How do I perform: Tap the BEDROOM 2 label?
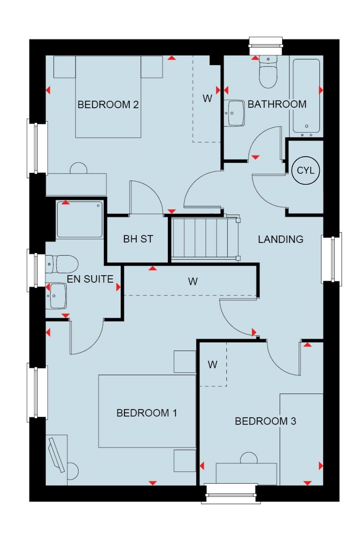point(108,105)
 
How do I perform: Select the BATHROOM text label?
point(277,104)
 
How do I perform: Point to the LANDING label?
point(280,239)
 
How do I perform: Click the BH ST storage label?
point(138,239)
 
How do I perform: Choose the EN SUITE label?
point(90,279)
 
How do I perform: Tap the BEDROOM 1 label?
point(147,413)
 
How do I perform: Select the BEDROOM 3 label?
point(265,421)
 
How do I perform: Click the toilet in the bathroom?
point(268,72)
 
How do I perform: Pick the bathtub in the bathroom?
point(306,96)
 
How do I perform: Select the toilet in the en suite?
point(62,264)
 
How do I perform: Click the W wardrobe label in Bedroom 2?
point(207,98)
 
